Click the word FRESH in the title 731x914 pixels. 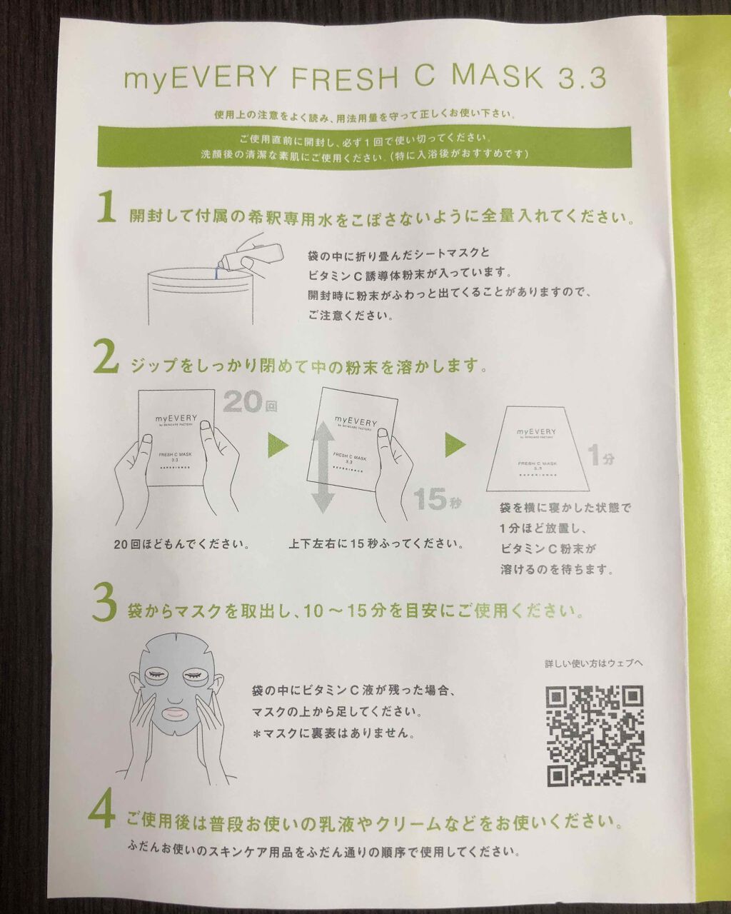(x=346, y=78)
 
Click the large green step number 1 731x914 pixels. (x=106, y=207)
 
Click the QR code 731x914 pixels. (x=595, y=735)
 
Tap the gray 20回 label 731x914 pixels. (x=250, y=402)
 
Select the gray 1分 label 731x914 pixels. (x=601, y=456)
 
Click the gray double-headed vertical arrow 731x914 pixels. (x=325, y=467)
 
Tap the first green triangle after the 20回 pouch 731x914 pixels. (x=278, y=445)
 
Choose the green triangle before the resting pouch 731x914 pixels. (x=455, y=445)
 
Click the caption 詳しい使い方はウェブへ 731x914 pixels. (x=594, y=663)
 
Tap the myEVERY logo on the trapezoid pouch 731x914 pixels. (x=536, y=431)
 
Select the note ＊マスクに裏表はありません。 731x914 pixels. (x=333, y=733)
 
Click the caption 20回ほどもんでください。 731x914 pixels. (x=182, y=544)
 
